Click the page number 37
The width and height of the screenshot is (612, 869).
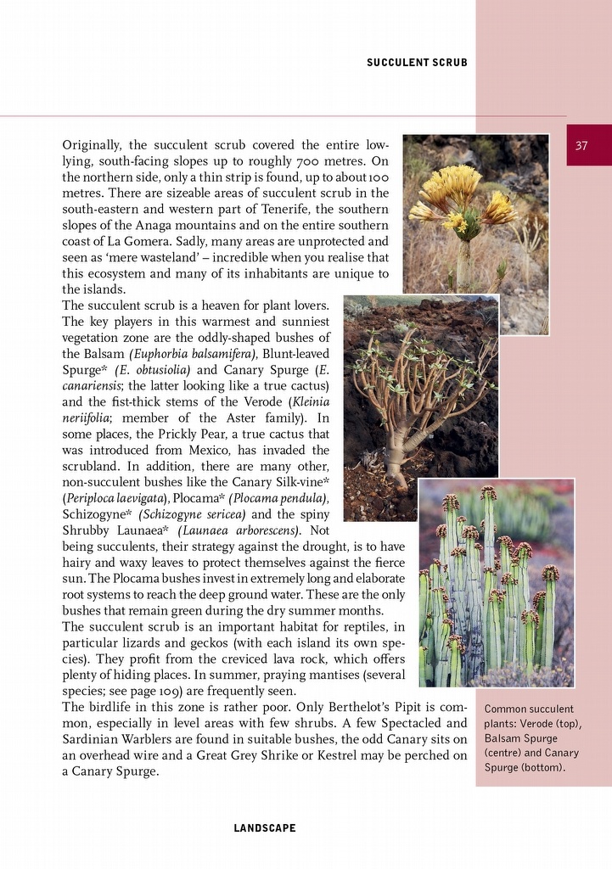[x=581, y=146]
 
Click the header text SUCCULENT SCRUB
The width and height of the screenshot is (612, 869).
[x=417, y=63]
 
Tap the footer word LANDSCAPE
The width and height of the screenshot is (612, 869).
[x=265, y=828]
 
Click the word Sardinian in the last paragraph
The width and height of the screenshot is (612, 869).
[x=90, y=740]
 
